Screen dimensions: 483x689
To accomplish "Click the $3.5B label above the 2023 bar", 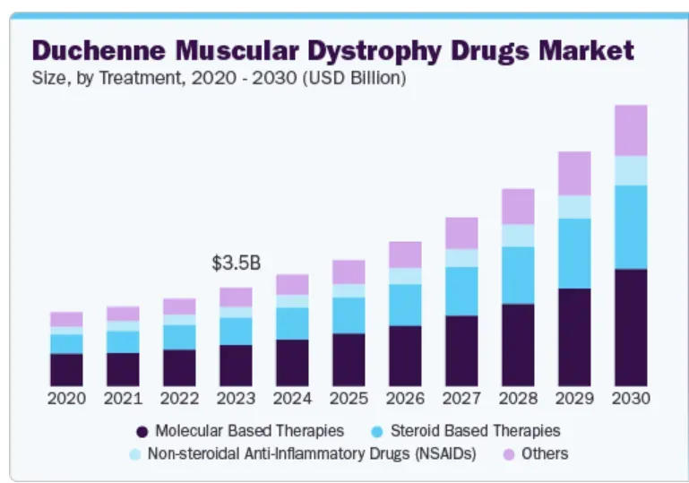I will click(236, 263).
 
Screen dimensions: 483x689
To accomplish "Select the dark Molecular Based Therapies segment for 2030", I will click(631, 327).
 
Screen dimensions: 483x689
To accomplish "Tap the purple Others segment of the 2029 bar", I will click(574, 173).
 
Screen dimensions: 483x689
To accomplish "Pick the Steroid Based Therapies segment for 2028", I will click(518, 275).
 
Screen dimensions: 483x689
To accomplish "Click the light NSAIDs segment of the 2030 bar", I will click(631, 170).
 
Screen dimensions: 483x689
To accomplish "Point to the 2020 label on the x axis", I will click(66, 398).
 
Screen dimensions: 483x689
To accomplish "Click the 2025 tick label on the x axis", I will click(349, 398).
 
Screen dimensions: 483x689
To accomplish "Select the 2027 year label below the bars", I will click(461, 398).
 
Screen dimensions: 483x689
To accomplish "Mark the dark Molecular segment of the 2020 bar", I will click(66, 369).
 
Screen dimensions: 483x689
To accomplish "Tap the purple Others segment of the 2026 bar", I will click(405, 254).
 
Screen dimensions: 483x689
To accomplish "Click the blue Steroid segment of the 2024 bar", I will click(292, 323).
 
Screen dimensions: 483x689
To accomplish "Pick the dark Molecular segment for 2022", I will click(179, 367).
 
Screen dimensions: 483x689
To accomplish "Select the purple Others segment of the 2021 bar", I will click(123, 314).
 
